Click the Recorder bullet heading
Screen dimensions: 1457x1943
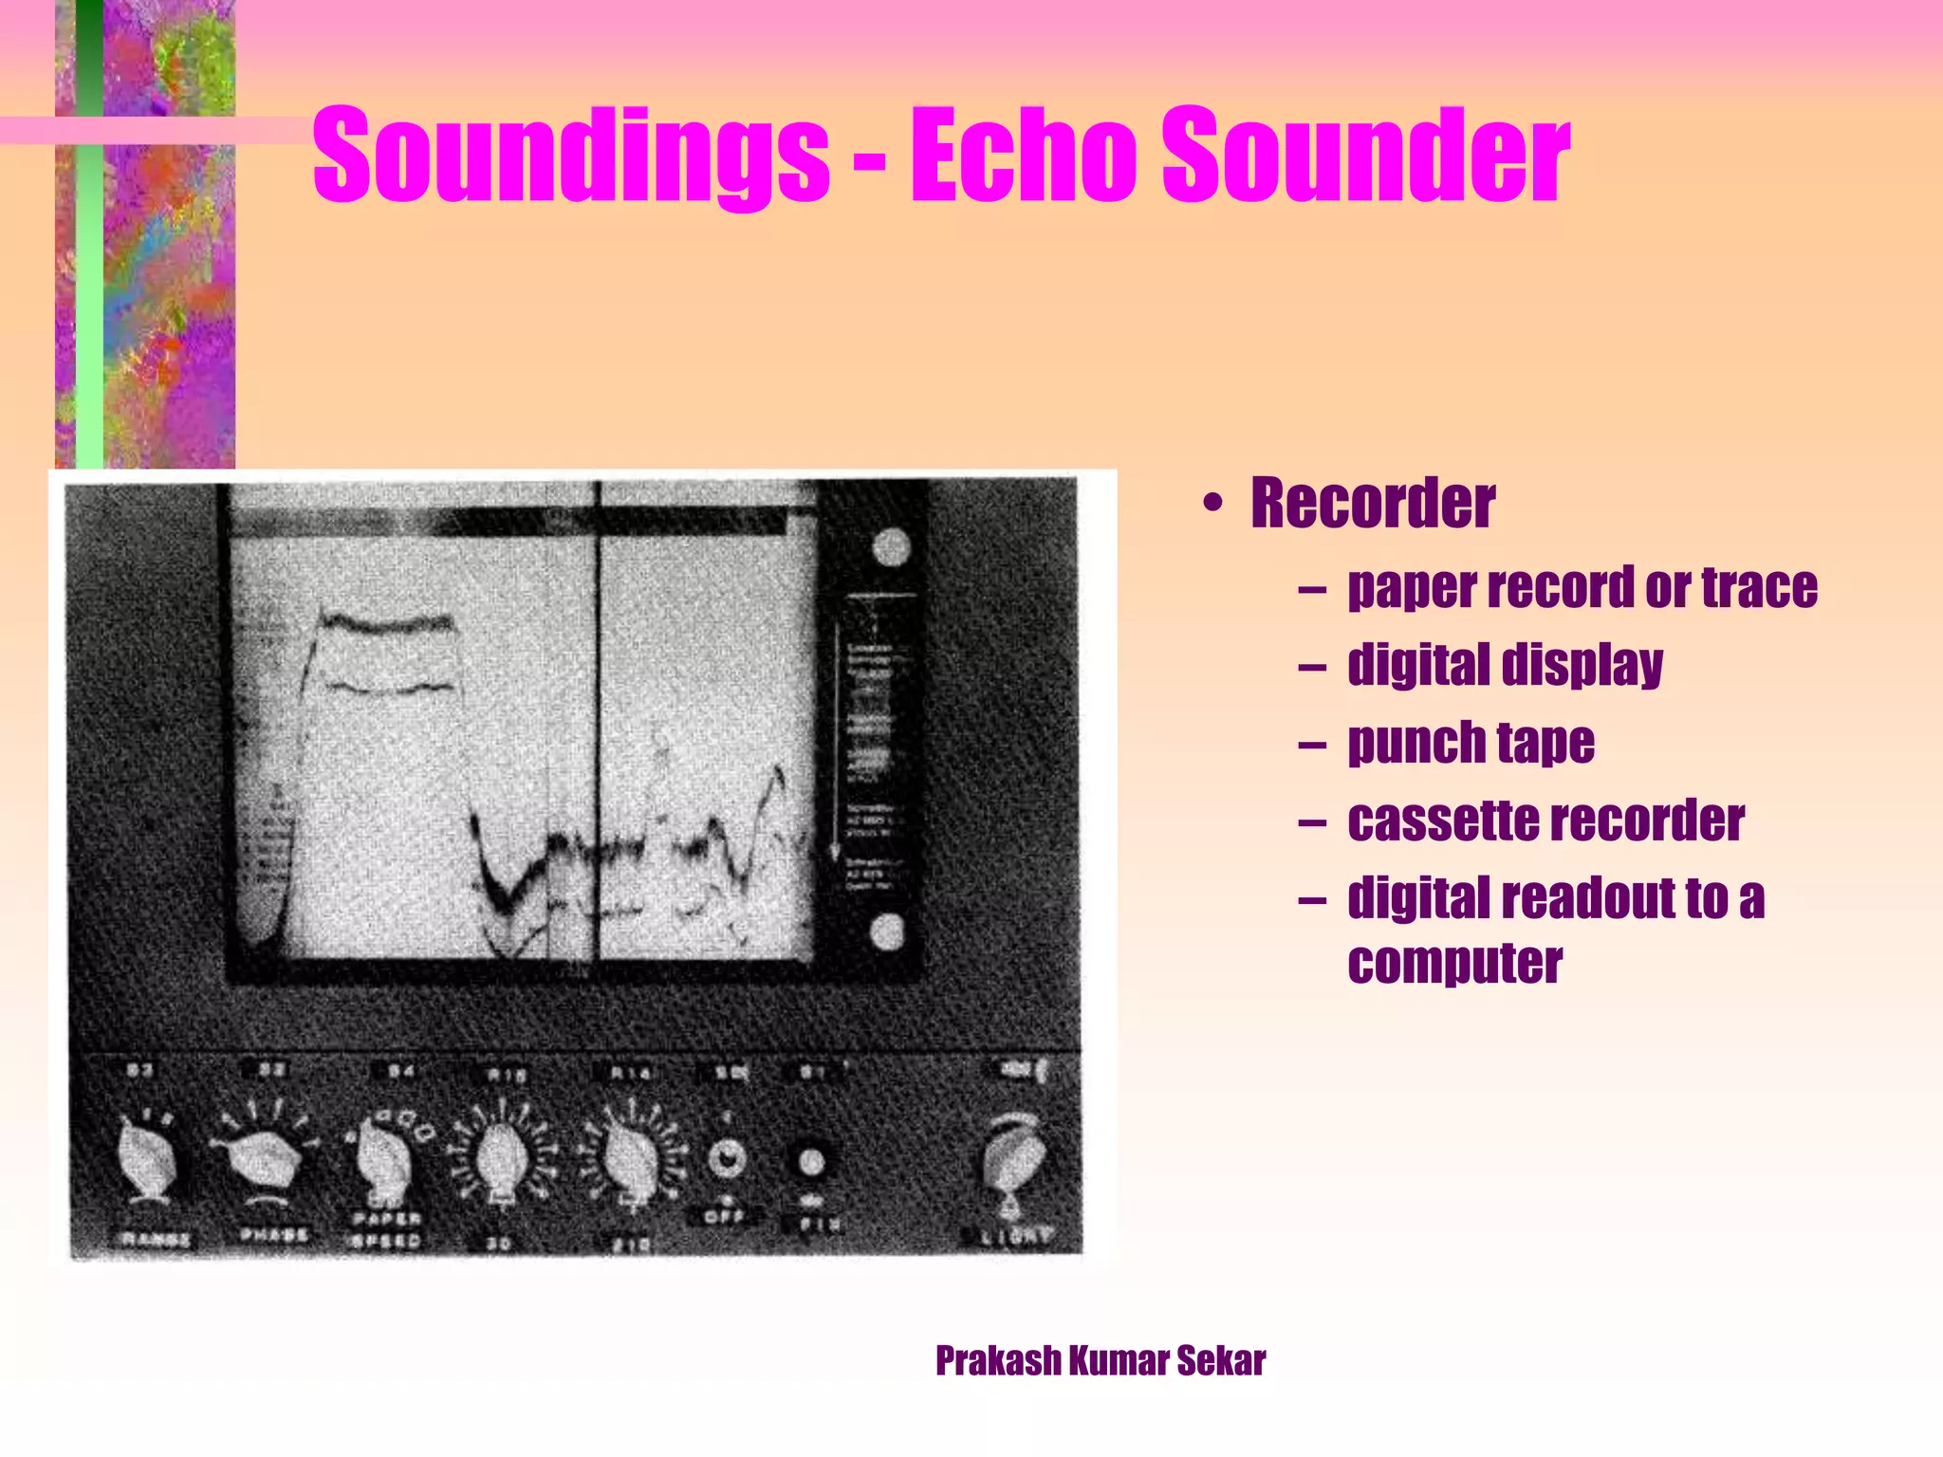coord(1372,503)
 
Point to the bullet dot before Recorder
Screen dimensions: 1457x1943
coord(1212,505)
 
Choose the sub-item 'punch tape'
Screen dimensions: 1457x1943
coord(1471,743)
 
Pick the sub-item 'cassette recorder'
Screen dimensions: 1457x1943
coord(1545,821)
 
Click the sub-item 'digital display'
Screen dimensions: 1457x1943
coord(1505,665)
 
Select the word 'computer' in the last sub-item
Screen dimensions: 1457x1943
coord(1454,964)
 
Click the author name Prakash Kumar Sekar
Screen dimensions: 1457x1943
coord(1100,1360)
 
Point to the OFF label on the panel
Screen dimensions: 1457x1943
coord(725,1216)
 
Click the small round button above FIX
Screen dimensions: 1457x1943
coord(811,1161)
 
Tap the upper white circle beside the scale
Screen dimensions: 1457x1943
coord(891,547)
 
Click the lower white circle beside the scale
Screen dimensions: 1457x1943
coord(887,932)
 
